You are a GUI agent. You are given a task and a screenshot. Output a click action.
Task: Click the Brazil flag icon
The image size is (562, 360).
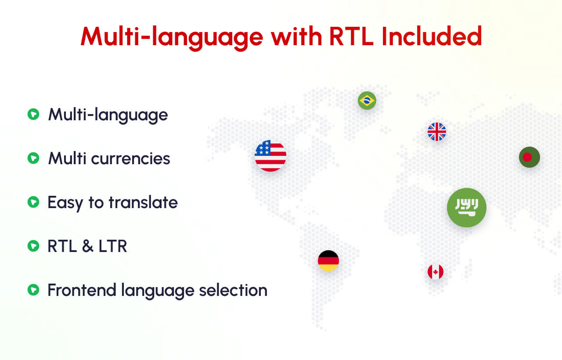point(367,101)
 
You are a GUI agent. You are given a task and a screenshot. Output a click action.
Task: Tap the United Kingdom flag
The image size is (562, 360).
point(437,132)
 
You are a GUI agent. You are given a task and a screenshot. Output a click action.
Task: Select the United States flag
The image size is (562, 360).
point(270,156)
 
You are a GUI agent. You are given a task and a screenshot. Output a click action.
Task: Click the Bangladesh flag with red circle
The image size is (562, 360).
point(530,157)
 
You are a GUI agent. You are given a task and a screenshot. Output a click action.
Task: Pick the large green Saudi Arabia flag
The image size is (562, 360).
point(467,208)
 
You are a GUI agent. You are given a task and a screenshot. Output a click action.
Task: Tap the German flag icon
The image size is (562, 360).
point(328,261)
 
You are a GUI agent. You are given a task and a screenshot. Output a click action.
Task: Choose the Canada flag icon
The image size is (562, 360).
point(436,272)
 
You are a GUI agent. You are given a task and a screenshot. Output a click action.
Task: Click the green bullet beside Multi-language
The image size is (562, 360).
point(33,115)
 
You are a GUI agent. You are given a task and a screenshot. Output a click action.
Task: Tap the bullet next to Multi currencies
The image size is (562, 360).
point(33,158)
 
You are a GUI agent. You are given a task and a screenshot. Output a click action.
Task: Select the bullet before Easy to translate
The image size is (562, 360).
point(33,202)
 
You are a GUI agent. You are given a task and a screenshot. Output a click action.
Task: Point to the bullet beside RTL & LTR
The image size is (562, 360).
point(33,246)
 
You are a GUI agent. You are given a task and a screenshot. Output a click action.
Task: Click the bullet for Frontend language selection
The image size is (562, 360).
point(33,290)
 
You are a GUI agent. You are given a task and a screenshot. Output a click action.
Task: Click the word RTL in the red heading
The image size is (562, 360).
point(351,36)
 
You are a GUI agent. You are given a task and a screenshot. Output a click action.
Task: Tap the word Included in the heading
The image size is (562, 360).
point(432,36)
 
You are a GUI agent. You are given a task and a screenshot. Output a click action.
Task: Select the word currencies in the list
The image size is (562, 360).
point(130,159)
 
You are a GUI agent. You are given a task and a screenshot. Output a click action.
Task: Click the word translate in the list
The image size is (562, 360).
point(143,202)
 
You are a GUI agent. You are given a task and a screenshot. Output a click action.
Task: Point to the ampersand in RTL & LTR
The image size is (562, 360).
point(87,246)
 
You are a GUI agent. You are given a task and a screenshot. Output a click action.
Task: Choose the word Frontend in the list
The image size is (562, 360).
point(82,290)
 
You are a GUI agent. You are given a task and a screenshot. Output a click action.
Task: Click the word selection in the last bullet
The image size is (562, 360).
point(233,290)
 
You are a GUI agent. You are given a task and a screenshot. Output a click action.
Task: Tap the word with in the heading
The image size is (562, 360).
point(296,36)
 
